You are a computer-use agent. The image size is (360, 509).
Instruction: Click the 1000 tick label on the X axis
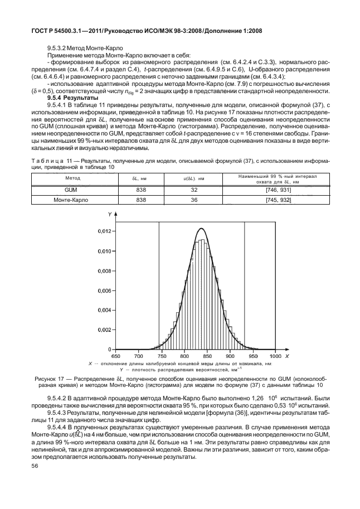(x=275, y=355)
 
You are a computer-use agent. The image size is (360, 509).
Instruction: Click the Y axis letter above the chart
(x=110, y=214)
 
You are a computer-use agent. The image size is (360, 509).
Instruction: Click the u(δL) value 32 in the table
(x=194, y=190)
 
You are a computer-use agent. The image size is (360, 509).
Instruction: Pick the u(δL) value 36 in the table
(x=194, y=200)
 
